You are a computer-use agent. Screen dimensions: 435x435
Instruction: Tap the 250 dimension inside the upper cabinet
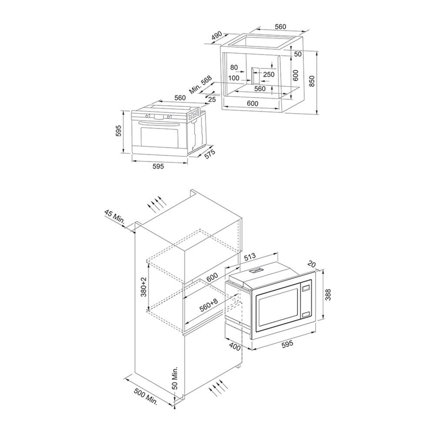tap(269, 74)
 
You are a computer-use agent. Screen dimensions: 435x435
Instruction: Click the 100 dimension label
tap(234, 78)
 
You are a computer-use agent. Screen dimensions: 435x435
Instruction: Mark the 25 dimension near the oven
tap(212, 100)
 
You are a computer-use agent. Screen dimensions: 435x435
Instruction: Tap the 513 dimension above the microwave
tap(250, 258)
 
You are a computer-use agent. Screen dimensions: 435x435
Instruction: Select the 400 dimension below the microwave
tap(235, 348)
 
